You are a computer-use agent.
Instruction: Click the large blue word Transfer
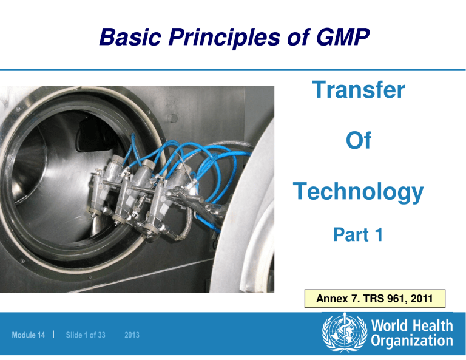tap(358, 91)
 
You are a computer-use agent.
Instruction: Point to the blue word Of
tap(358, 143)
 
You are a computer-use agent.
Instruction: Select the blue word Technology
tap(358, 192)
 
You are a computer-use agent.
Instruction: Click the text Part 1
tap(358, 235)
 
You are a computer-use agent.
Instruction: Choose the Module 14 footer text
tap(29, 335)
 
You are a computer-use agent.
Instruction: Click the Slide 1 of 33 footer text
tap(84, 335)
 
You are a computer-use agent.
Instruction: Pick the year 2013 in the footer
tap(132, 335)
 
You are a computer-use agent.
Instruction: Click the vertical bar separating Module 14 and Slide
tap(55, 335)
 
